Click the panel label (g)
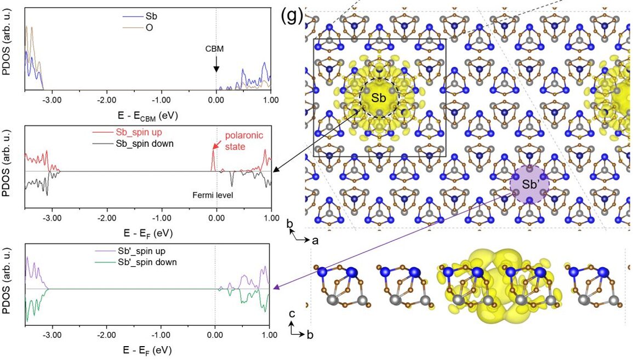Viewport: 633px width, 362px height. point(292,15)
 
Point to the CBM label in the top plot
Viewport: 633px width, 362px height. point(215,49)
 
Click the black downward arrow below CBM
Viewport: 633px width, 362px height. point(216,65)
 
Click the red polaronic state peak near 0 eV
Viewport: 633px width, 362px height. point(213,160)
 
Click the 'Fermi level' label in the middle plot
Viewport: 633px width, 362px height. point(213,194)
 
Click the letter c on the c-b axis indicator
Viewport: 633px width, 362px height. point(293,314)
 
